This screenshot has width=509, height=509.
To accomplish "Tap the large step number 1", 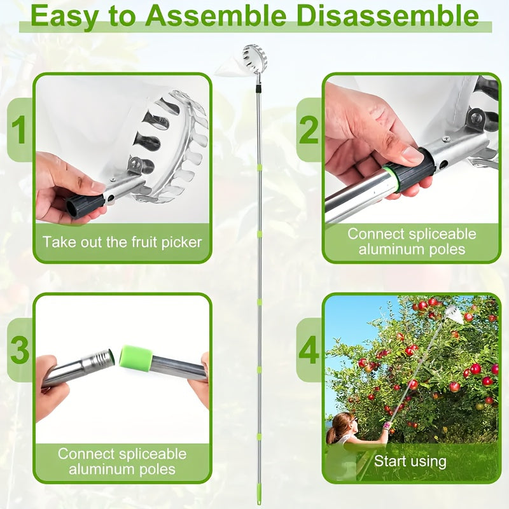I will coord(20,130).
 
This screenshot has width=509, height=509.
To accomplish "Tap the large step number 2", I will coord(309,130).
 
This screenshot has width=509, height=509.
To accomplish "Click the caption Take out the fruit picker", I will coord(122,242).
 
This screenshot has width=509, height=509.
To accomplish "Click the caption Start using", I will coord(410,461).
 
